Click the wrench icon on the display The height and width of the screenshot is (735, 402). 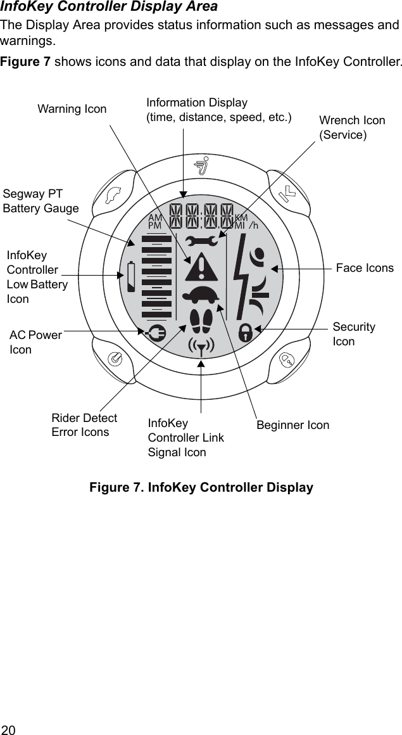coord(201,241)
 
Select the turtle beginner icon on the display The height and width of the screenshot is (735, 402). coord(201,296)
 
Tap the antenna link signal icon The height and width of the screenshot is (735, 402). coord(201,346)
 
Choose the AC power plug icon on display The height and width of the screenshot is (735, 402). coord(155,331)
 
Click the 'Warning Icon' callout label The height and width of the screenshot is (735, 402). coord(72,109)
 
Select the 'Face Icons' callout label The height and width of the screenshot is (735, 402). coord(365,268)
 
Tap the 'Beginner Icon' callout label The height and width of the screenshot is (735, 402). coord(292,425)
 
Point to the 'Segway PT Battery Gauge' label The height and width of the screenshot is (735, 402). coord(41,201)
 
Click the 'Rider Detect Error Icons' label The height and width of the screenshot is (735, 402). coord(84,425)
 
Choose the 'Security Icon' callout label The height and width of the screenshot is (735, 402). coord(354,334)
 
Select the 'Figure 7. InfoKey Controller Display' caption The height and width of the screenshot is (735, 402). coord(201,488)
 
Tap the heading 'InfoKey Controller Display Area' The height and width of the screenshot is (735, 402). coord(109,7)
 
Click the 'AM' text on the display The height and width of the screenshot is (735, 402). coord(155,217)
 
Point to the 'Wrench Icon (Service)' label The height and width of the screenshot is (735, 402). coord(352,127)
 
